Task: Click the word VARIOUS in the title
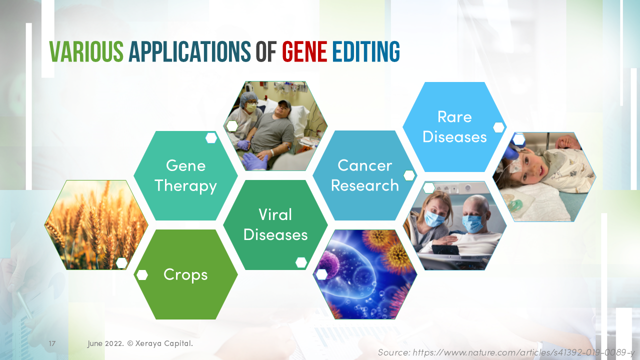pos(86,51)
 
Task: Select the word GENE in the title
pos(304,51)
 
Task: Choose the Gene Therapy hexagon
pos(185,175)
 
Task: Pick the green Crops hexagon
pos(185,274)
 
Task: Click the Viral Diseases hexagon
pos(275,224)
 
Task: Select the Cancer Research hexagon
pos(364,175)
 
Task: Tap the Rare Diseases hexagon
pos(454,126)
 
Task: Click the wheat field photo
pos(96,225)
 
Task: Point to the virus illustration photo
pos(364,274)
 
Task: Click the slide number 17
pos(52,344)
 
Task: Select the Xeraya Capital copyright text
pos(140,344)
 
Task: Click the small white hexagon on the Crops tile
pos(142,275)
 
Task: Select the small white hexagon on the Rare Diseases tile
pos(498,127)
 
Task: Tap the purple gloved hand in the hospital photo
pos(255,161)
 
